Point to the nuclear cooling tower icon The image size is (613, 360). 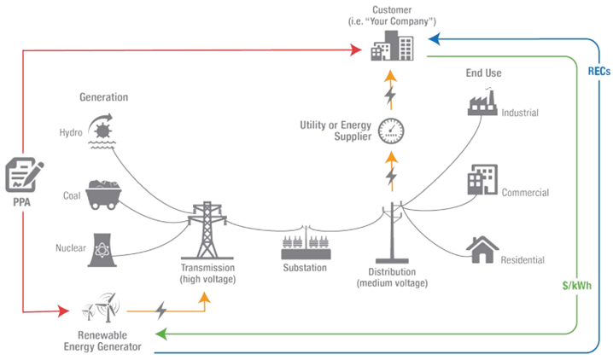[102, 247]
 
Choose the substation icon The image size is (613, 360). [305, 246]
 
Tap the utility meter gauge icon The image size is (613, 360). [391, 131]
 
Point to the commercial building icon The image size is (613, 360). [482, 181]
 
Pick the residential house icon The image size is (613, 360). [482, 248]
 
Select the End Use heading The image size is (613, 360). [482, 73]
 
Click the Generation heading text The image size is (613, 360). [103, 96]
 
